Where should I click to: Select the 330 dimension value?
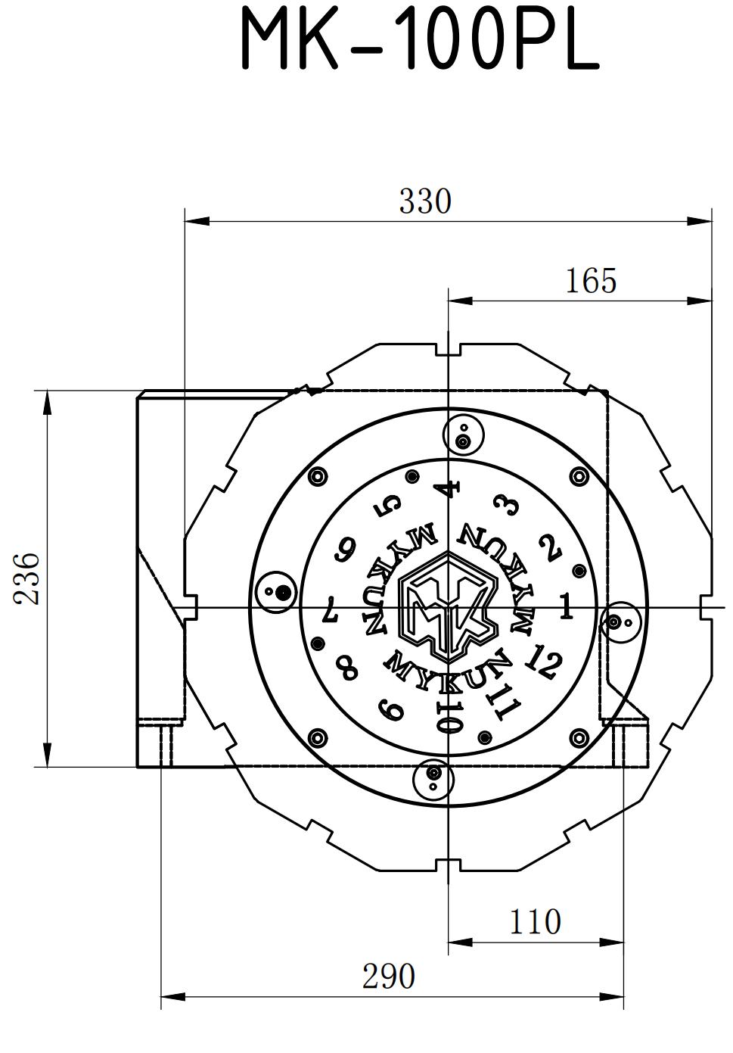(x=424, y=201)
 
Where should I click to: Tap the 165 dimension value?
(x=591, y=281)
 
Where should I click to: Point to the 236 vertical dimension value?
(x=28, y=578)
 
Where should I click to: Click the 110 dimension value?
(x=535, y=922)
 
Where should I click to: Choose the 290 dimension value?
(x=389, y=977)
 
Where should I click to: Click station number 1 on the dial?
(x=565, y=606)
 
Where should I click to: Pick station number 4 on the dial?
(x=449, y=489)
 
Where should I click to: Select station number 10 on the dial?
(x=449, y=716)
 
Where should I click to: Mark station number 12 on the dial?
(x=542, y=662)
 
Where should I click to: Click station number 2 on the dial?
(x=550, y=548)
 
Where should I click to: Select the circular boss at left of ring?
(x=279, y=592)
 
